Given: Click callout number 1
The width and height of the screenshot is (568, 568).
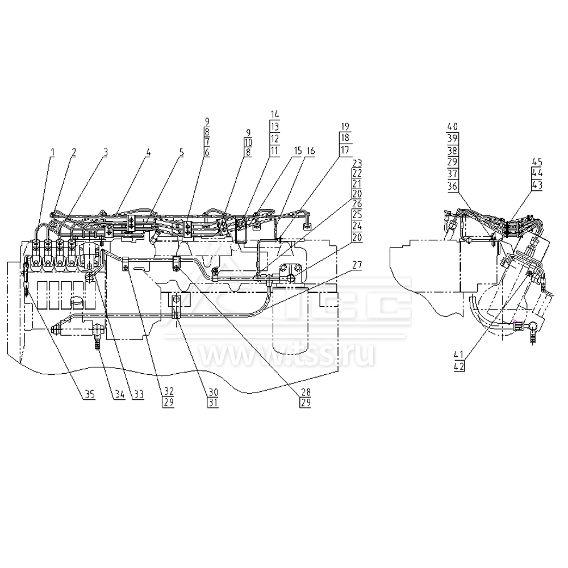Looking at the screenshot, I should tap(52, 152).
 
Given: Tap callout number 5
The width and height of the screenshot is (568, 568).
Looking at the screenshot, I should tap(182, 152).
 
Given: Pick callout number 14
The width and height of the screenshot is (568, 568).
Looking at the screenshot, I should tap(275, 114).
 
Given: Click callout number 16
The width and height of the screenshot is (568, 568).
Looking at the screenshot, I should tap(310, 152).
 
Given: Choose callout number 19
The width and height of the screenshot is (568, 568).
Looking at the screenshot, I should tap(345, 127).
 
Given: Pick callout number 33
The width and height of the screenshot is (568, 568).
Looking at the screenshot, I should tap(137, 396).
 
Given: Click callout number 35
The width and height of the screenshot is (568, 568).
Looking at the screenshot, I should tap(87, 396).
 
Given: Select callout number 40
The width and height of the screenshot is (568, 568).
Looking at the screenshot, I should tap(452, 126).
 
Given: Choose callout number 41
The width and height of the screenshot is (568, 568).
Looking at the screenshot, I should tap(460, 356).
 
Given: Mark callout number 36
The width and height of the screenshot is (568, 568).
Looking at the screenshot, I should tap(452, 186).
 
